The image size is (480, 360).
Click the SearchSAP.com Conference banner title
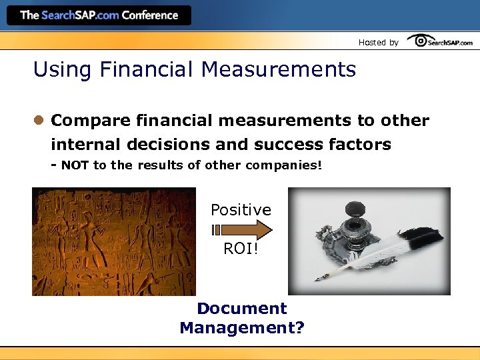click(x=99, y=15)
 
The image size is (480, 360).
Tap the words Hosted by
click(x=378, y=42)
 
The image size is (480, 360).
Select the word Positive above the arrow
click(x=241, y=210)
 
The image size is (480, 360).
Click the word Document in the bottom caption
click(x=241, y=309)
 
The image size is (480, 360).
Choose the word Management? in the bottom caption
click(x=241, y=327)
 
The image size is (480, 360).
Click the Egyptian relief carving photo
click(x=114, y=241)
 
